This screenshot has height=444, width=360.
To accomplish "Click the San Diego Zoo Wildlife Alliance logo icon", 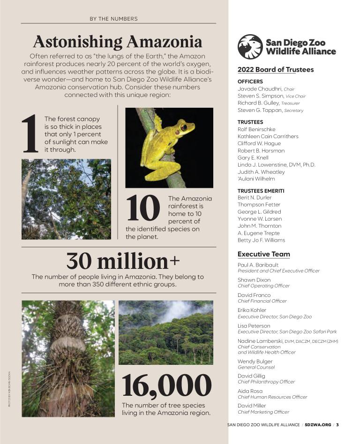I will (x=250, y=46).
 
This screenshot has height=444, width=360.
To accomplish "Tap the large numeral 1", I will (x=30, y=135).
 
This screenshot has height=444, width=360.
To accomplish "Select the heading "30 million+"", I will (x=123, y=260).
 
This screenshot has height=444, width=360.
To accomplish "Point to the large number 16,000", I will (x=166, y=385).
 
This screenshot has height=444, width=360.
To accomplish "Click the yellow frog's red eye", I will (x=184, y=127).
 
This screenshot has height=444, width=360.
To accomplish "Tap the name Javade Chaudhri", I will (x=260, y=89).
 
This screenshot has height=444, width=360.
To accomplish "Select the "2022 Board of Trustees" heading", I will (x=276, y=70).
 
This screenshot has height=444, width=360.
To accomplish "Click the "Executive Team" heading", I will (x=263, y=254).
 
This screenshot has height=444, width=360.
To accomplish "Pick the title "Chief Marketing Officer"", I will (x=263, y=412).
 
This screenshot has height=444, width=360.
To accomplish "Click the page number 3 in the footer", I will (x=337, y=425).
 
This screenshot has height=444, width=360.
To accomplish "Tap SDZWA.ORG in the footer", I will (x=318, y=425).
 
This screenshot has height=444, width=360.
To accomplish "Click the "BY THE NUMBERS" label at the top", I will (x=113, y=19).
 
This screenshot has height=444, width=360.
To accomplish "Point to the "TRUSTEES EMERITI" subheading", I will (x=261, y=191).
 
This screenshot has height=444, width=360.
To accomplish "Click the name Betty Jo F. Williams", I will (x=261, y=240).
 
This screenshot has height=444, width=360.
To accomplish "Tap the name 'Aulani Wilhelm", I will (x=256, y=179).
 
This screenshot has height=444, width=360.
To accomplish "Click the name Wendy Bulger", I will (x=255, y=362).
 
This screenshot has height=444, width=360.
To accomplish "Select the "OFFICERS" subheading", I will (x=250, y=81).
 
